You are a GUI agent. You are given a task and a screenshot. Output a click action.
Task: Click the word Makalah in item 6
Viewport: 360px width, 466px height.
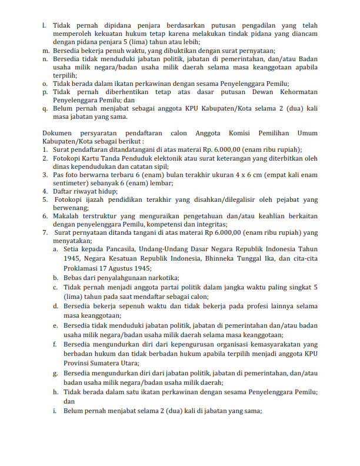point(66,216)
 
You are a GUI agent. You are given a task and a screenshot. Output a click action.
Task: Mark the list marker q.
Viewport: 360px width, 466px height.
point(45,108)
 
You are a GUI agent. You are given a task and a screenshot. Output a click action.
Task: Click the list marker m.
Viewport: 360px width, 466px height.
point(45,51)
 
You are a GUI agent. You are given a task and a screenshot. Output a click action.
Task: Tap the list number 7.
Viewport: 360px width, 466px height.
point(45,232)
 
